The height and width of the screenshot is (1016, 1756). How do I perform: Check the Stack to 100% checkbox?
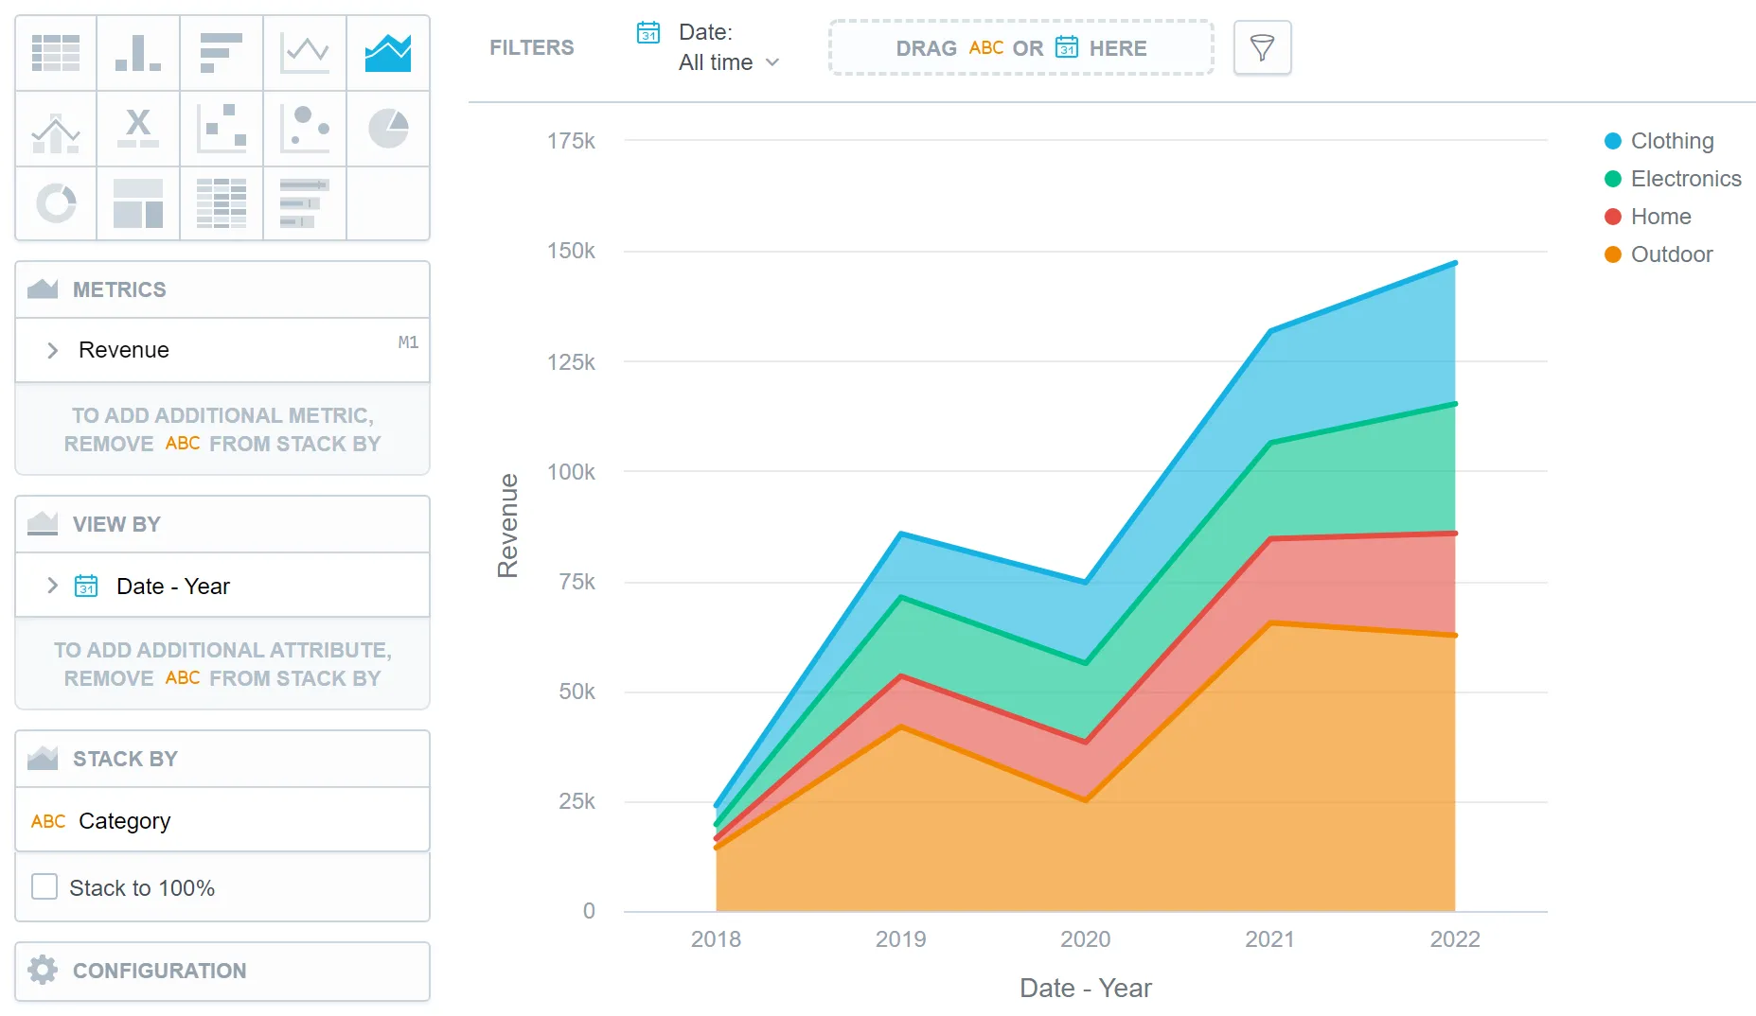pyautogui.click(x=44, y=886)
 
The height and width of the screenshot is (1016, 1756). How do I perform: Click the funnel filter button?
pyautogui.click(x=1262, y=47)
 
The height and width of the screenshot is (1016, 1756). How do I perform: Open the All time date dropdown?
pyautogui.click(x=728, y=62)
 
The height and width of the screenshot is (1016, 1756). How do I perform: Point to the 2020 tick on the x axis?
pyautogui.click(x=1085, y=938)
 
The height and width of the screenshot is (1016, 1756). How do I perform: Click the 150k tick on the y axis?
pyautogui.click(x=571, y=251)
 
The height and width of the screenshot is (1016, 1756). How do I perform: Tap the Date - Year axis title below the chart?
pyautogui.click(x=1085, y=988)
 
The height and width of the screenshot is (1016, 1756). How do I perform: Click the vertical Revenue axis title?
pyautogui.click(x=508, y=525)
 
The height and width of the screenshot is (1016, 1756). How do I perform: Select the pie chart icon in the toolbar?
pyautogui.click(x=388, y=129)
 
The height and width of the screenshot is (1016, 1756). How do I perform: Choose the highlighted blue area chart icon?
pyautogui.click(x=388, y=53)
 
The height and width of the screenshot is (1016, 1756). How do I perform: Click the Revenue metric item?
pyautogui.click(x=124, y=350)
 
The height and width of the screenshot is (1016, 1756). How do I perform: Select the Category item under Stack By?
pyautogui.click(x=124, y=820)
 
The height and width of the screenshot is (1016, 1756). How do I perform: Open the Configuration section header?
pyautogui.click(x=159, y=971)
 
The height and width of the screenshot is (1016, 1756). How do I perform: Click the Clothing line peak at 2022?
pyautogui.click(x=1454, y=263)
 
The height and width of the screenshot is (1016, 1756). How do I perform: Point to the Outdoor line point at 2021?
pyautogui.click(x=1270, y=622)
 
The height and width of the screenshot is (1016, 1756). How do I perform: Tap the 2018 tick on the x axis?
pyautogui.click(x=716, y=938)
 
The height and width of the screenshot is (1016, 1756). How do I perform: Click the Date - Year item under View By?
pyautogui.click(x=172, y=587)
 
